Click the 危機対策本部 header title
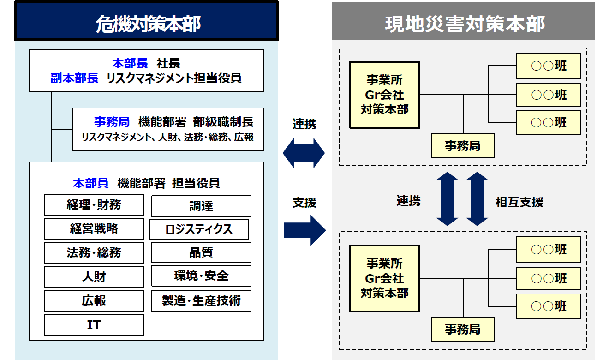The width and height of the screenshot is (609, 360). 147,23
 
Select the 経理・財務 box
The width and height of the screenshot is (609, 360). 94,205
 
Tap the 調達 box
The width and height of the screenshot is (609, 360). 201,206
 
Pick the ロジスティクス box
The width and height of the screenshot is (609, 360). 199,229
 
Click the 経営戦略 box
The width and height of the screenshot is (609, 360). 94,229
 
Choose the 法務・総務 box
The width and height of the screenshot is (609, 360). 94,253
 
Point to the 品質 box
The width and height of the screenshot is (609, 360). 201,253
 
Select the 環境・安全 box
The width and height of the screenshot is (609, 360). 201,276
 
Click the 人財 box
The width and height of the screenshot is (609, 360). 94,277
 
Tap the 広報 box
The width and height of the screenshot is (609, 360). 94,301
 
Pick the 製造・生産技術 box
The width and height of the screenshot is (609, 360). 201,301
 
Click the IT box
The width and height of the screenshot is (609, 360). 94,325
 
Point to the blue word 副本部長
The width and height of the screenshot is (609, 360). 74,78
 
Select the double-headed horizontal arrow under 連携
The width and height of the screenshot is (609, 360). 304,154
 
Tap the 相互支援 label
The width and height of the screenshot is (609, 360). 519,202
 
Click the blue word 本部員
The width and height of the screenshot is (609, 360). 90,183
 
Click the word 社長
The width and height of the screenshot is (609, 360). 168,63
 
